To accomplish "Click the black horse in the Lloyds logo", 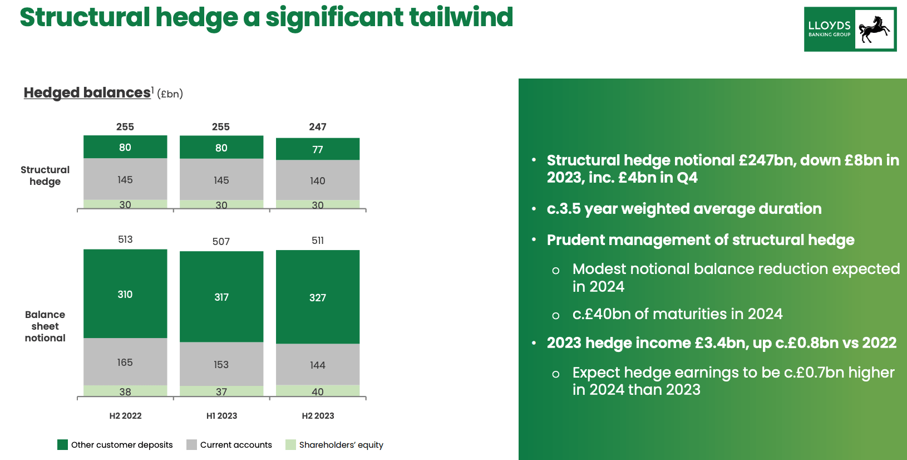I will (x=874, y=29).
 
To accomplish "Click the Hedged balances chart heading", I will (x=87, y=92).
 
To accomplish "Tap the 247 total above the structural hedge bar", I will (x=318, y=127).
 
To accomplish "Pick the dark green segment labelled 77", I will (x=318, y=149).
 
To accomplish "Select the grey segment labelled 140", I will (x=318, y=180).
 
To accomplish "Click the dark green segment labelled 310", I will (x=125, y=294).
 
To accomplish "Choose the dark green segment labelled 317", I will (x=221, y=297).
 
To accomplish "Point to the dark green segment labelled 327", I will (x=318, y=297).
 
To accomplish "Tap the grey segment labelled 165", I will (x=125, y=362).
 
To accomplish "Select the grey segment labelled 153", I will (x=221, y=364).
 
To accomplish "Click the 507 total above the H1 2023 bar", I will (x=221, y=242).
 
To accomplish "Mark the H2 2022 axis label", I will (x=125, y=415).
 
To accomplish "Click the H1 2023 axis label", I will (x=221, y=415).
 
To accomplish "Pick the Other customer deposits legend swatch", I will (x=62, y=444).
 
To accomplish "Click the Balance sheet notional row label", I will (x=45, y=326).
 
